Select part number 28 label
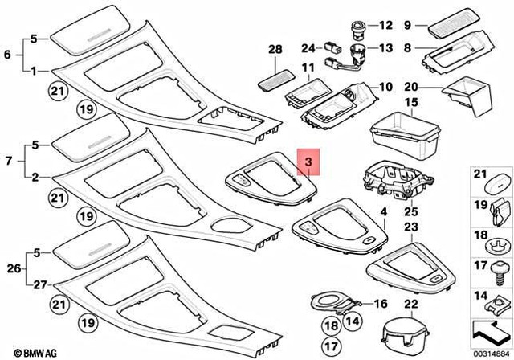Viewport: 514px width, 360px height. pos(275,50)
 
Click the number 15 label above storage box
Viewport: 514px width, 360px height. pos(411,102)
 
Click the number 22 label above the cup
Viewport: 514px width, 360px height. pos(411,304)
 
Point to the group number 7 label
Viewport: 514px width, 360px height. pos(8,162)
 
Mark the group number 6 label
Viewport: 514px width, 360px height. pos(8,55)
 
